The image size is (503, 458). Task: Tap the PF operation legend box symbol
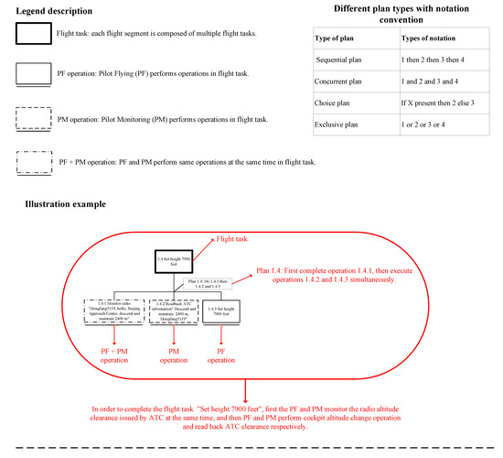(x=37, y=74)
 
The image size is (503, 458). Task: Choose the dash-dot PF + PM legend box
(x=37, y=162)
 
